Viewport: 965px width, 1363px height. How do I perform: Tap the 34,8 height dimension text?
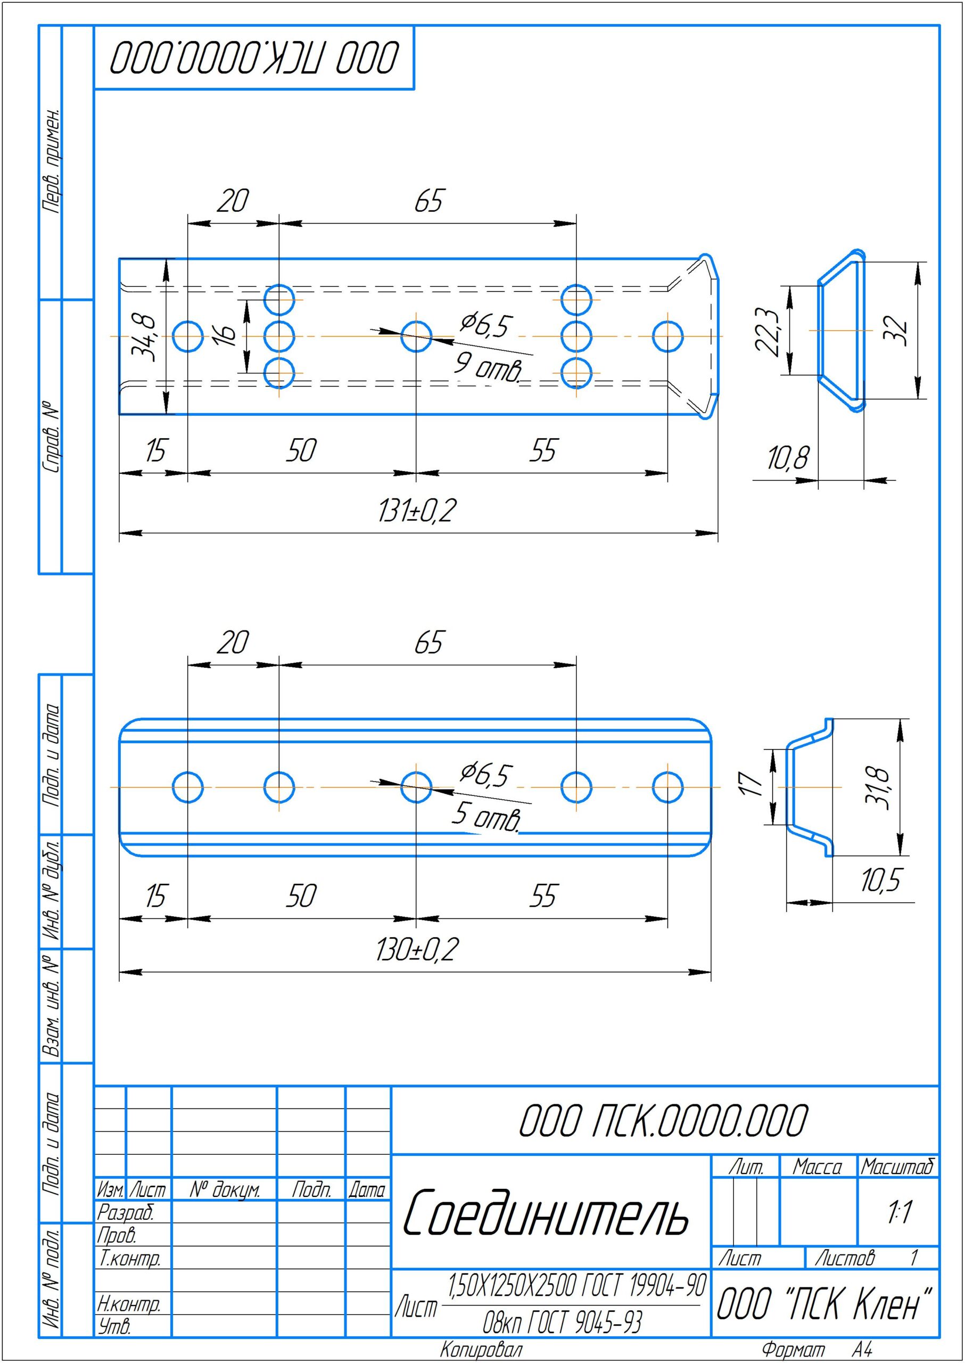[143, 337]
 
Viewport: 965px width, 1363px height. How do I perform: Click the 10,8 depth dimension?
[788, 458]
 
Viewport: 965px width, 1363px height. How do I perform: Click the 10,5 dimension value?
[881, 880]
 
